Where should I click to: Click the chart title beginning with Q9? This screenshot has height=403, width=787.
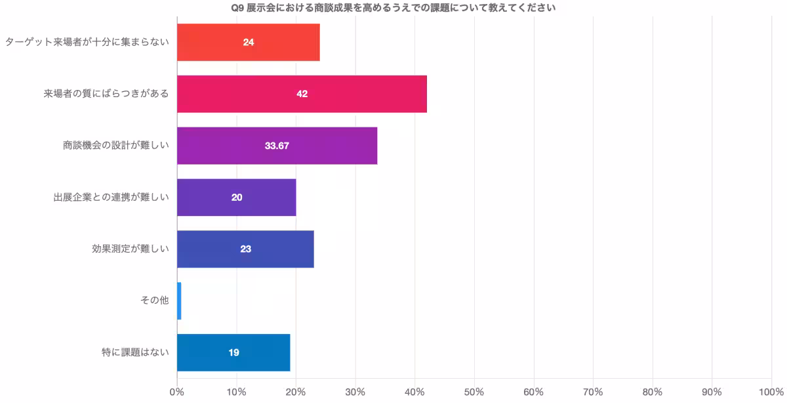(393, 8)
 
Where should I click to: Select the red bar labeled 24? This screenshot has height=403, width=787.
(249, 42)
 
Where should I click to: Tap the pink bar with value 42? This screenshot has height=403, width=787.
(302, 94)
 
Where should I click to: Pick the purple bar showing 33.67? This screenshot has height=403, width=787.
(277, 146)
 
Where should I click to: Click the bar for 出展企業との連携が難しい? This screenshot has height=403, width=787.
(236, 198)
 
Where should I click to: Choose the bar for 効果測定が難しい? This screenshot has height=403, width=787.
(245, 249)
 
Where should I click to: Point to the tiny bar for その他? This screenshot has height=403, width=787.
(179, 301)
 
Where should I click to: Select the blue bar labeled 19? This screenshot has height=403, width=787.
(233, 352)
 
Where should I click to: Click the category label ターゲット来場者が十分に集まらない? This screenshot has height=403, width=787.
(87, 42)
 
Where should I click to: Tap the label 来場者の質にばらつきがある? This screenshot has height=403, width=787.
(106, 94)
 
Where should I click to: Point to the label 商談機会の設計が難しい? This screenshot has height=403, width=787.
(115, 146)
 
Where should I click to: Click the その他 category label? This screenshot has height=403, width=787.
(154, 301)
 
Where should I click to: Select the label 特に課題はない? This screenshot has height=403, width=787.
(134, 352)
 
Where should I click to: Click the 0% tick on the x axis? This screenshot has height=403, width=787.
(176, 392)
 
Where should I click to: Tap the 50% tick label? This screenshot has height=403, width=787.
(474, 392)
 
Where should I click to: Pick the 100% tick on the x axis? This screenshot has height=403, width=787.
(771, 392)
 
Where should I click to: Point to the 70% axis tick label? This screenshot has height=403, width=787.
(593, 392)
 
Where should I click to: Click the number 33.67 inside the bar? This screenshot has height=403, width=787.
(277, 146)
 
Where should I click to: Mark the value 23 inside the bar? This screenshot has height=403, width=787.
(245, 249)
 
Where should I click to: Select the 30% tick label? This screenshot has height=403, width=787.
(355, 392)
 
